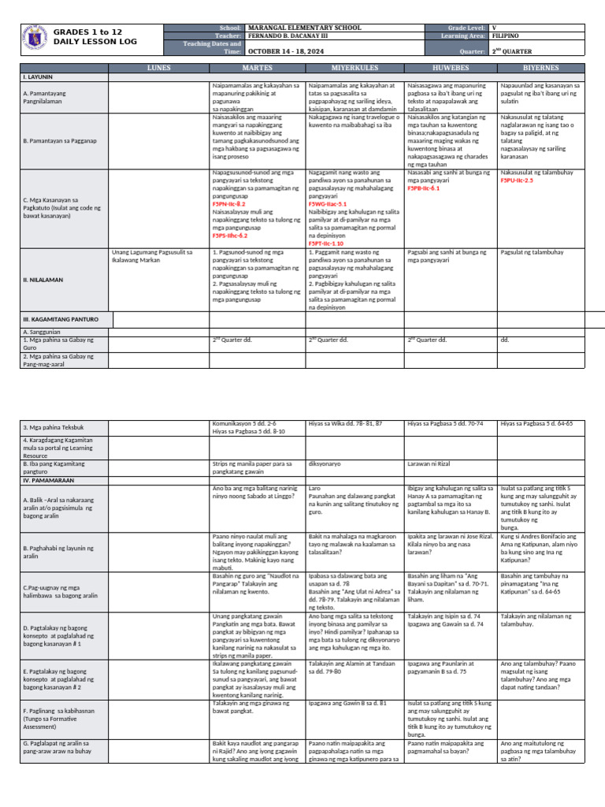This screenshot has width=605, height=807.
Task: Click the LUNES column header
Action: tap(158, 69)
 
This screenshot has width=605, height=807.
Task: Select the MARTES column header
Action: tap(257, 69)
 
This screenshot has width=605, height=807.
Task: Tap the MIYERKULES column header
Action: tap(354, 69)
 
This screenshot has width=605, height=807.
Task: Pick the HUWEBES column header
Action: tap(451, 69)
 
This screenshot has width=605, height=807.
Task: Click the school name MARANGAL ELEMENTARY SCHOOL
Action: tap(304, 28)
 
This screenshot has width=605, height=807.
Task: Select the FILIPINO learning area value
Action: tap(505, 36)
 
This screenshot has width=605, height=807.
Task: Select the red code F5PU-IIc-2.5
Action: tap(522, 180)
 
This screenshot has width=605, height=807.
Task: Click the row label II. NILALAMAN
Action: tap(44, 280)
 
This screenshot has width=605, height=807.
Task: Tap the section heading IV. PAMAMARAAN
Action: tap(49, 479)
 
